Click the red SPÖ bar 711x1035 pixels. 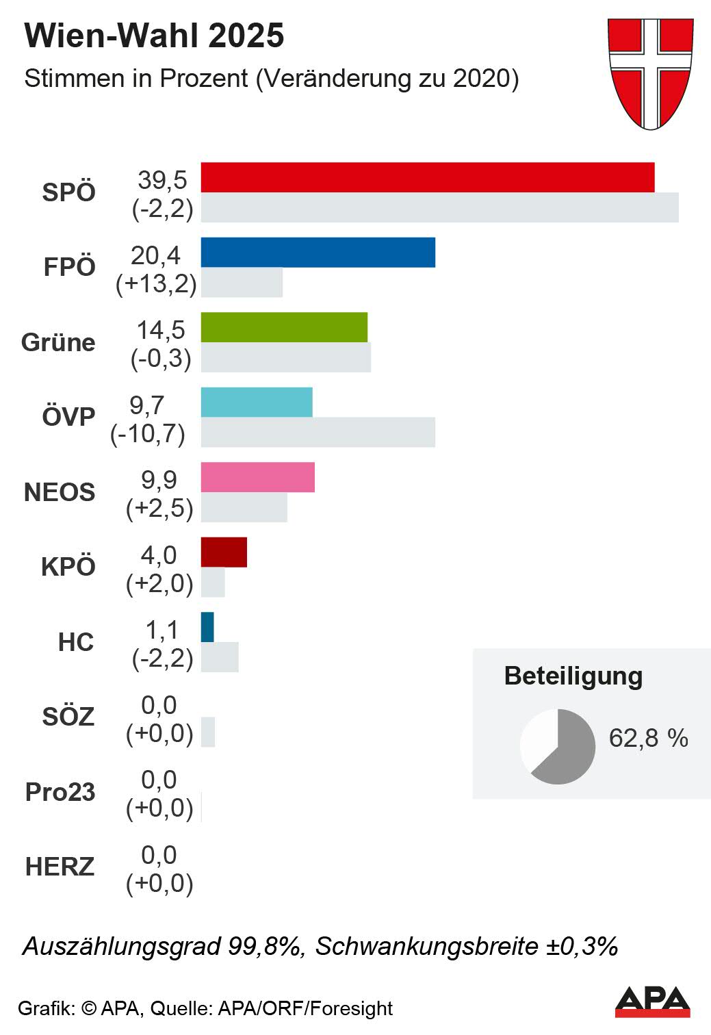click(x=428, y=177)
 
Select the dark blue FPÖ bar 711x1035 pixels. click(x=318, y=252)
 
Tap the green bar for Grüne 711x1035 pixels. click(x=284, y=327)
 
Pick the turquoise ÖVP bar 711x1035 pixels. click(x=257, y=402)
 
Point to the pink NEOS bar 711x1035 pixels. click(x=258, y=477)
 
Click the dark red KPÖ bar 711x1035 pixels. click(x=224, y=552)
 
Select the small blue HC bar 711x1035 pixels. click(x=207, y=627)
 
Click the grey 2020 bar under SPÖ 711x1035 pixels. click(x=439, y=207)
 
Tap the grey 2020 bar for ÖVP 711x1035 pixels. click(x=318, y=432)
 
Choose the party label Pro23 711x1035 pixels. click(x=60, y=792)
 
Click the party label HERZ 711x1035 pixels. click(x=60, y=867)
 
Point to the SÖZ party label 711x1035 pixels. click(x=68, y=717)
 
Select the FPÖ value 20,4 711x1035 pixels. click(x=156, y=255)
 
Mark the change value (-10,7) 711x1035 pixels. click(x=148, y=433)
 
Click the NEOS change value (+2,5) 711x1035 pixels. click(x=159, y=509)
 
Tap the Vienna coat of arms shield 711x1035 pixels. click(x=651, y=73)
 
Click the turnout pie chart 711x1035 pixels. click(x=558, y=746)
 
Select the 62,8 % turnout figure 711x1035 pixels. click(x=648, y=738)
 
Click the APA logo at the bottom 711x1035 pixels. click(x=652, y=1002)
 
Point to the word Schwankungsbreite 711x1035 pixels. click(x=427, y=946)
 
